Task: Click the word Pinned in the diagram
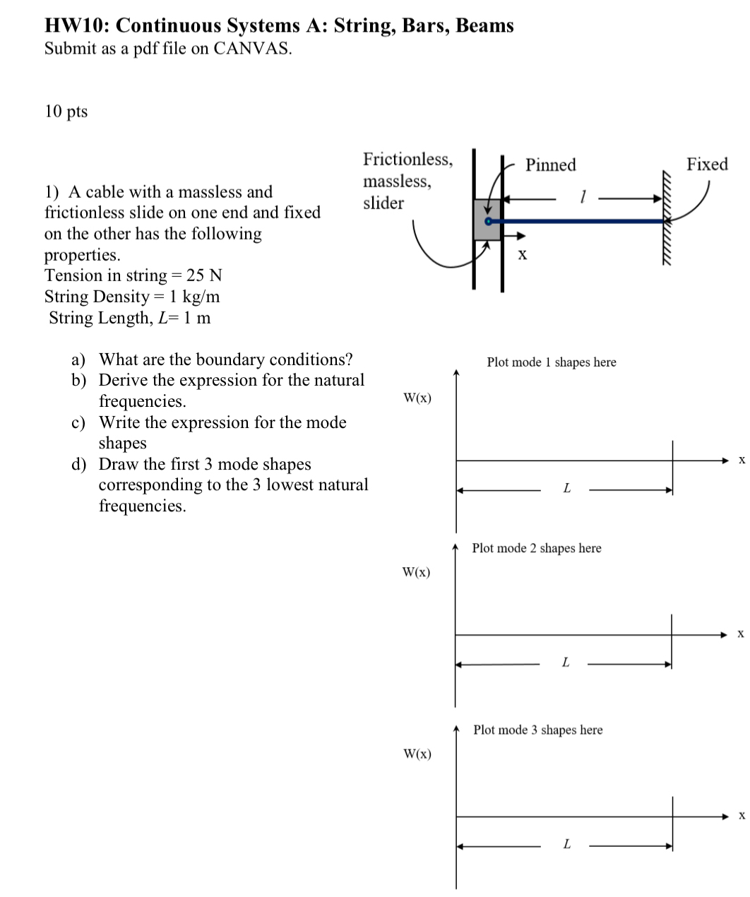[x=550, y=165]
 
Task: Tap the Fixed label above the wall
[x=707, y=165]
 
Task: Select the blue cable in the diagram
[x=579, y=221]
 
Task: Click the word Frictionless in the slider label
[x=407, y=160]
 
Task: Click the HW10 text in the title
[x=76, y=26]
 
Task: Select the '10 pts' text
[x=66, y=112]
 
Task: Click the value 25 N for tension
[x=204, y=275]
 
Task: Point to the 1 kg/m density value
[x=195, y=297]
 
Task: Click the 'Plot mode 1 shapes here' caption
[x=551, y=362]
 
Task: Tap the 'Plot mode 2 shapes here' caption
[x=536, y=548]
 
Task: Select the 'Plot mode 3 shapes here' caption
[x=537, y=730]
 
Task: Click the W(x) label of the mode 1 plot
[x=417, y=398]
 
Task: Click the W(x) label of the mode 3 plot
[x=417, y=754]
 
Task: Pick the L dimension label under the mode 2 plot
[x=564, y=663]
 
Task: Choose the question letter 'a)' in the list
[x=79, y=360]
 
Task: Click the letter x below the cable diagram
[x=522, y=254]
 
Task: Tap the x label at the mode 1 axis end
[x=742, y=461]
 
